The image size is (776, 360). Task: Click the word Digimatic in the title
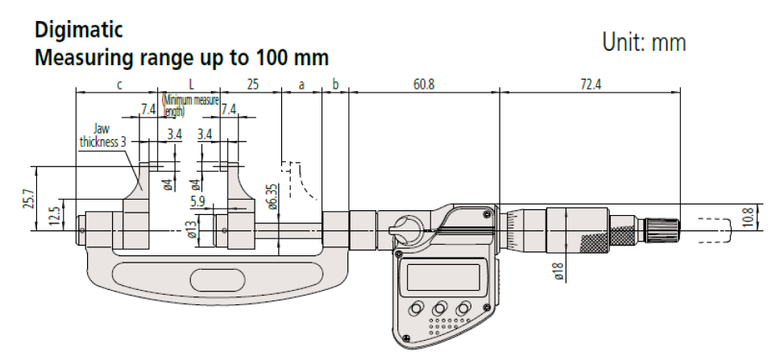pyautogui.click(x=78, y=31)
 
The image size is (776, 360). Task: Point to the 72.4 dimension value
pyautogui.click(x=590, y=85)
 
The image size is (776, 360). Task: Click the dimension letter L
pyautogui.click(x=191, y=85)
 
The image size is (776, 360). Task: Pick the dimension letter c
pyautogui.click(x=119, y=85)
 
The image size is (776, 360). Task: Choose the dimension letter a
pyautogui.click(x=302, y=85)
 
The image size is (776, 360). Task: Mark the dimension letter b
pyautogui.click(x=335, y=85)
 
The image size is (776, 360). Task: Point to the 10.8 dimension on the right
pyautogui.click(x=749, y=216)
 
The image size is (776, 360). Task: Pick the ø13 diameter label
pyautogui.click(x=192, y=230)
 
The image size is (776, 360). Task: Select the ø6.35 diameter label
pyautogui.click(x=274, y=196)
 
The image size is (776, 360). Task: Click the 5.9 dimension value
pyautogui.click(x=197, y=201)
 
